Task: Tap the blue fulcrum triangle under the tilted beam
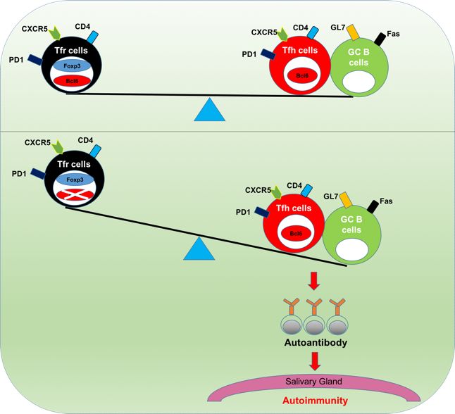coord(201,247)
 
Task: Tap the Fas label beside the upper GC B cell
coord(392,34)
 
